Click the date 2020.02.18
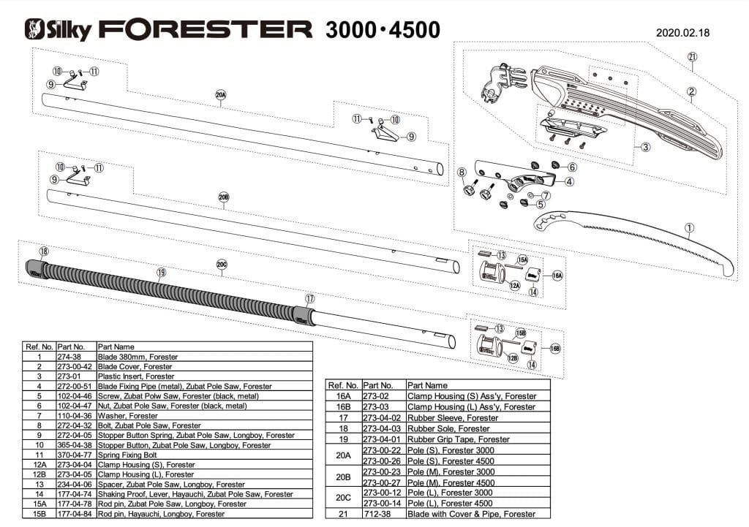683,32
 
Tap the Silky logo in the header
59,29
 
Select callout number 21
692,57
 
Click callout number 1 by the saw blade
689,227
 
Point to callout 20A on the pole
221,95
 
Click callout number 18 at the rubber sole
44,251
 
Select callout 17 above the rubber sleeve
310,298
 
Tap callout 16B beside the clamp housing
554,348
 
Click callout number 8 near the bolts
462,172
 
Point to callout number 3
645,147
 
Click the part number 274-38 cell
76,357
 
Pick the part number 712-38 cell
383,515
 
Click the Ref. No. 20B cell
343,477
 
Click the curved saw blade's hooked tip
728,272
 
